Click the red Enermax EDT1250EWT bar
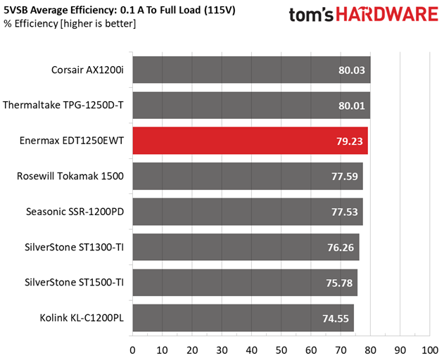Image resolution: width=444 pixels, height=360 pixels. pyautogui.click(x=250, y=141)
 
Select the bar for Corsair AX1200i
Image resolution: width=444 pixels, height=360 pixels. pyautogui.click(x=252, y=70)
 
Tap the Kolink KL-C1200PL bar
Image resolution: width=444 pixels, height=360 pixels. pyautogui.click(x=243, y=318)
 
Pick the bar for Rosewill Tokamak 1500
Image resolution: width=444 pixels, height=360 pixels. pyautogui.click(x=248, y=176)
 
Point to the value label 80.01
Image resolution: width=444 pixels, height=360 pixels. pyautogui.click(x=352, y=105)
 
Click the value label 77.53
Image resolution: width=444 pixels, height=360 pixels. pyautogui.click(x=345, y=212)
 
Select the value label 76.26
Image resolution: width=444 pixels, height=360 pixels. pyautogui.click(x=341, y=247)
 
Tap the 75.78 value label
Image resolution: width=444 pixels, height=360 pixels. pyautogui.click(x=339, y=283)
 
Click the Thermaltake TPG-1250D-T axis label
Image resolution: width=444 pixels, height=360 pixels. pyautogui.click(x=63, y=105)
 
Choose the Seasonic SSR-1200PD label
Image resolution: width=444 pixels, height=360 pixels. pyautogui.click(x=75, y=212)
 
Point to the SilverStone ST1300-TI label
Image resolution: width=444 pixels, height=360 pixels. pyautogui.click(x=74, y=247)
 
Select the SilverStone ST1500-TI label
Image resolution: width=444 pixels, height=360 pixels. pyautogui.click(x=74, y=283)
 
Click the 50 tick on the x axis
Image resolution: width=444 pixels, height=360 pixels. pyautogui.click(x=281, y=350)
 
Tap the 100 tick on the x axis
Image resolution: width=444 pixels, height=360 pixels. pyautogui.click(x=430, y=350)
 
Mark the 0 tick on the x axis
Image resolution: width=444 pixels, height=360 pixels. pyautogui.click(x=132, y=350)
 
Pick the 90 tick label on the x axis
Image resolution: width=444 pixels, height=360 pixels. pyautogui.click(x=400, y=350)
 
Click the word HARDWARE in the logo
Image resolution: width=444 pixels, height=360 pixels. pyautogui.click(x=387, y=15)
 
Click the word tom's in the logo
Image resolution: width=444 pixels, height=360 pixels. pyautogui.click(x=311, y=15)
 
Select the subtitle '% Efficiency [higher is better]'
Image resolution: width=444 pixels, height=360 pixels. pyautogui.click(x=70, y=24)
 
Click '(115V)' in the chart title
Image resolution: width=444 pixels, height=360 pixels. pyautogui.click(x=220, y=10)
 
